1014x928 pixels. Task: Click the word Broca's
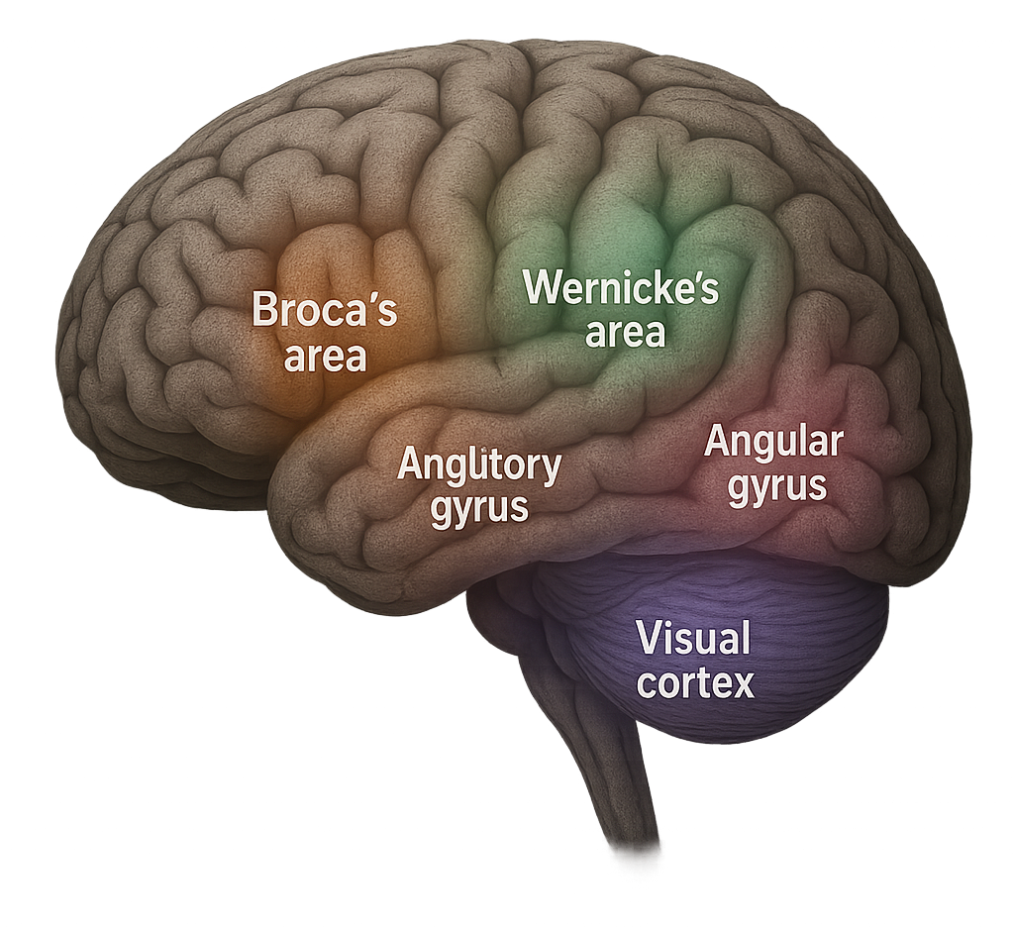click(324, 310)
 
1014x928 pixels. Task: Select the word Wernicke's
click(621, 288)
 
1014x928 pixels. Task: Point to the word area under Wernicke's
click(625, 333)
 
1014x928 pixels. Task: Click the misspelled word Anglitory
click(479, 464)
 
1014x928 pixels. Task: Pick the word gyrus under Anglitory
click(479, 508)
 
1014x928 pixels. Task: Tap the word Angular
click(773, 442)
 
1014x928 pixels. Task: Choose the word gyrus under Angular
click(777, 486)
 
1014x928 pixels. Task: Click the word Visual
click(693, 639)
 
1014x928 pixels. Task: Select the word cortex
click(695, 682)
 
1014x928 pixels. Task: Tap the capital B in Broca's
click(264, 310)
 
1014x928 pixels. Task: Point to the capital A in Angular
click(717, 442)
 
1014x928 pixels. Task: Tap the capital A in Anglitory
click(411, 464)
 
